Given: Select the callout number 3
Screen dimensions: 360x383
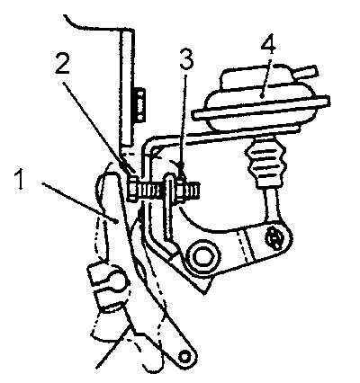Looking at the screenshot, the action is pyautogui.click(x=186, y=58).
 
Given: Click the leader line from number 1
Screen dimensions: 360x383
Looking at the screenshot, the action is pyautogui.click(x=80, y=202).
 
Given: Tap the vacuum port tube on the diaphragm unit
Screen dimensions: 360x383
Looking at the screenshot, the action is pyautogui.click(x=305, y=71).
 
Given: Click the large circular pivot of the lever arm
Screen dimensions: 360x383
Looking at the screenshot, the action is pyautogui.click(x=202, y=257).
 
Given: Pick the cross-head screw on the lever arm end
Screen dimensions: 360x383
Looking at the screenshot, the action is pyautogui.click(x=274, y=239).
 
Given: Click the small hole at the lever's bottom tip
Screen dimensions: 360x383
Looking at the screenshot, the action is pyautogui.click(x=184, y=357).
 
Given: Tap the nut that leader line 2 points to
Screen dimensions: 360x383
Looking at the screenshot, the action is pyautogui.click(x=133, y=190).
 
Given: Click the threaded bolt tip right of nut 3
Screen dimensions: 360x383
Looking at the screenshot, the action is pyautogui.click(x=193, y=190).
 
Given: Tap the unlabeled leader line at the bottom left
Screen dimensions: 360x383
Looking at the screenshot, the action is pyautogui.click(x=112, y=348).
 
